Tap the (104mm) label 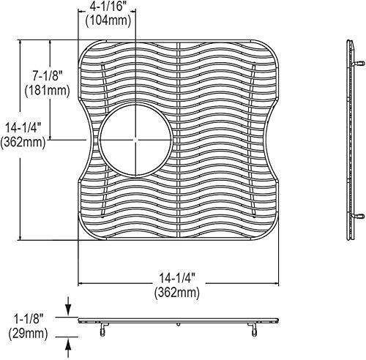point(108,20)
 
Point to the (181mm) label point(48,91)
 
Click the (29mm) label point(28,333)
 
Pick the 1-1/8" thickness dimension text point(29,319)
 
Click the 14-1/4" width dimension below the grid point(177,278)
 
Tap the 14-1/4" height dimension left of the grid point(23,128)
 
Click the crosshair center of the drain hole point(135,140)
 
